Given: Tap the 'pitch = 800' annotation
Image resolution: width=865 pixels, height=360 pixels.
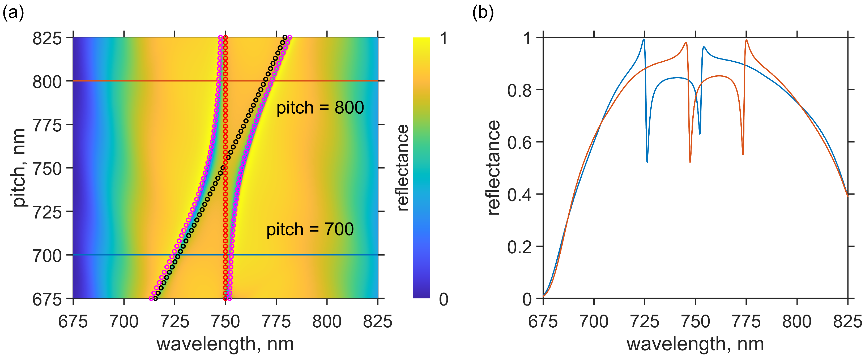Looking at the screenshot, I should (x=320, y=108).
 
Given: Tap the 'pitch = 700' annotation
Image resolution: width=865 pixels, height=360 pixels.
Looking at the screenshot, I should (x=310, y=229).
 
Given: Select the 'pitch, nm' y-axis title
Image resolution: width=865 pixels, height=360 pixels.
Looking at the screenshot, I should (x=19, y=168).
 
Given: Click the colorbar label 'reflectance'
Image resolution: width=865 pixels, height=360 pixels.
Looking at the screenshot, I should (x=403, y=168).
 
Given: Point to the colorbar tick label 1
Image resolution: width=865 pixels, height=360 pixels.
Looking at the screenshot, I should (x=444, y=38).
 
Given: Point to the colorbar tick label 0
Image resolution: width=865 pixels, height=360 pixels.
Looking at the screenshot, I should (x=444, y=299).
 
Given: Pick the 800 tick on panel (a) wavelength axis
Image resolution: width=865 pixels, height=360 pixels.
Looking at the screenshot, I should (x=327, y=322).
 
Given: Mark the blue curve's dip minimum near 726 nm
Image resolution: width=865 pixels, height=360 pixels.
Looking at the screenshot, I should (x=647, y=162).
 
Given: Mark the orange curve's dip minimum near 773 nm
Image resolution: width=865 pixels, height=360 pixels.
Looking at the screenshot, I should (x=743, y=154).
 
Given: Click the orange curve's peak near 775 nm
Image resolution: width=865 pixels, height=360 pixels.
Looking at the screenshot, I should (x=747, y=40).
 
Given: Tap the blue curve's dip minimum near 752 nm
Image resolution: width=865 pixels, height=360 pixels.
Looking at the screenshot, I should (x=700, y=134).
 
